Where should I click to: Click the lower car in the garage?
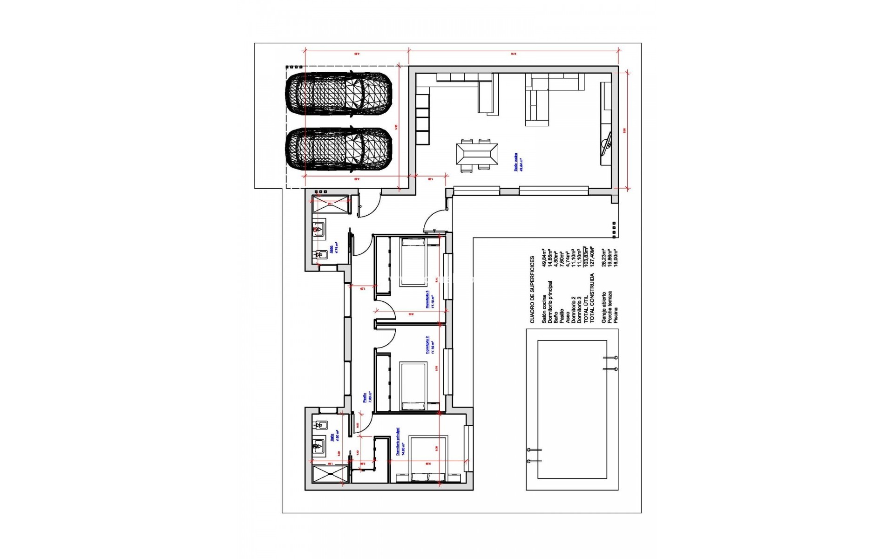point(339,149)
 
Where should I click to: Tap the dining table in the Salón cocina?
point(477,156)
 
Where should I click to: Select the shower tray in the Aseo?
point(330,204)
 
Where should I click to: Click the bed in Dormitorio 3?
point(413,262)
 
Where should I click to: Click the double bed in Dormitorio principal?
point(428,459)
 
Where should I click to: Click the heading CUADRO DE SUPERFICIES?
point(533,289)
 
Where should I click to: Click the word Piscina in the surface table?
point(616,315)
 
